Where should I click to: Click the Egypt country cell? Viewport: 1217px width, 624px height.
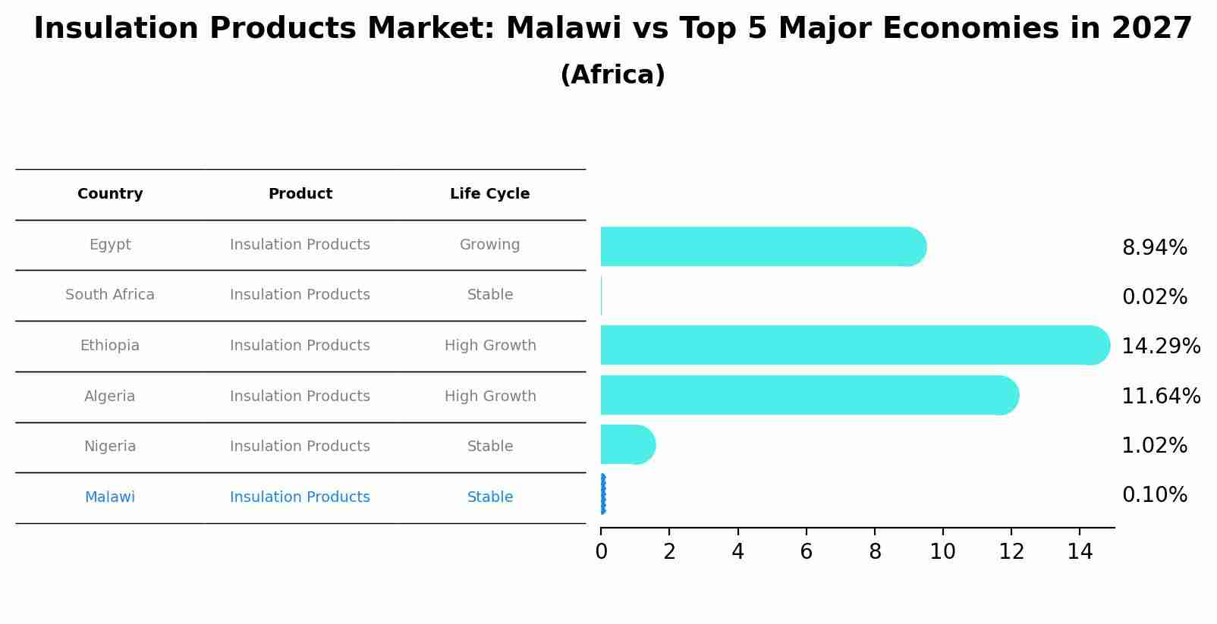(x=110, y=245)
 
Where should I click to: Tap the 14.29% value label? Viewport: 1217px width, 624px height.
(x=1160, y=346)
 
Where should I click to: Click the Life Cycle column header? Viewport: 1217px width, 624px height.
(x=489, y=194)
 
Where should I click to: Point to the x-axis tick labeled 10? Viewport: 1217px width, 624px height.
(x=942, y=552)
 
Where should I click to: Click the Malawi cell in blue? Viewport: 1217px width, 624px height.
(x=110, y=497)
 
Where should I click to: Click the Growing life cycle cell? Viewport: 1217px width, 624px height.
(x=489, y=245)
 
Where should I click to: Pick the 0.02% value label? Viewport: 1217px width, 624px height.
(x=1154, y=297)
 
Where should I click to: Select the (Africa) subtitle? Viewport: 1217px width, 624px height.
(x=612, y=75)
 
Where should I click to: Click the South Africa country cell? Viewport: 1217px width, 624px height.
(x=110, y=295)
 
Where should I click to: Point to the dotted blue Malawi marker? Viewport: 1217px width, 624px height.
(x=602, y=494)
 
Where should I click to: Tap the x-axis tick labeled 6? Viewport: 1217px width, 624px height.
(x=806, y=552)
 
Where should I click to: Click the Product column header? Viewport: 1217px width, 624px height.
(x=300, y=194)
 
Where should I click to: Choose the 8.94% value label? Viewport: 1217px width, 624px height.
(x=1154, y=248)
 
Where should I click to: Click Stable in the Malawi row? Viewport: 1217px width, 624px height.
(x=489, y=497)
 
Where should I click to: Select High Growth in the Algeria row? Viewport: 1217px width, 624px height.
(x=489, y=397)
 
